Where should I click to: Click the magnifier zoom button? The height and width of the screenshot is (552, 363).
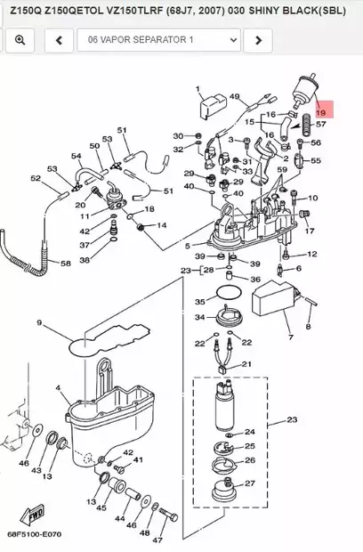[x=20, y=40]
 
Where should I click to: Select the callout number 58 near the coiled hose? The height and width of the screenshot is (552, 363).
[x=66, y=264]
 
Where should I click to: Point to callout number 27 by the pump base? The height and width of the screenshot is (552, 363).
[x=250, y=483]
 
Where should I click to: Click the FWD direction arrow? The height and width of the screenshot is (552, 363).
[x=36, y=515]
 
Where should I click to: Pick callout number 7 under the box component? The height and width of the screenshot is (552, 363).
[x=289, y=337]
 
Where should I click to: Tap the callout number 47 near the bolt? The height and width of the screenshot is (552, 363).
[x=158, y=540]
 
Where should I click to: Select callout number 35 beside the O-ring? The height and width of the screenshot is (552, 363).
[x=200, y=302]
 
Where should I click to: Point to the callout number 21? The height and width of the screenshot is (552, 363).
[x=247, y=363]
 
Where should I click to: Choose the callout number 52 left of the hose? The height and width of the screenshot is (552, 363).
[x=36, y=178]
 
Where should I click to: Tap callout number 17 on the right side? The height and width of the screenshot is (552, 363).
[x=311, y=231]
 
